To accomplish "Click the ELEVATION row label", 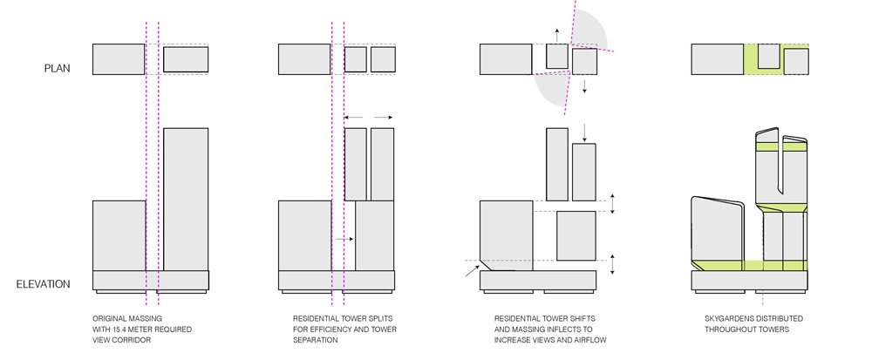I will point(44,284).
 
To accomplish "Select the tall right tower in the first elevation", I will point(186,199).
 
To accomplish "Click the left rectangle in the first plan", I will point(119,59).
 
